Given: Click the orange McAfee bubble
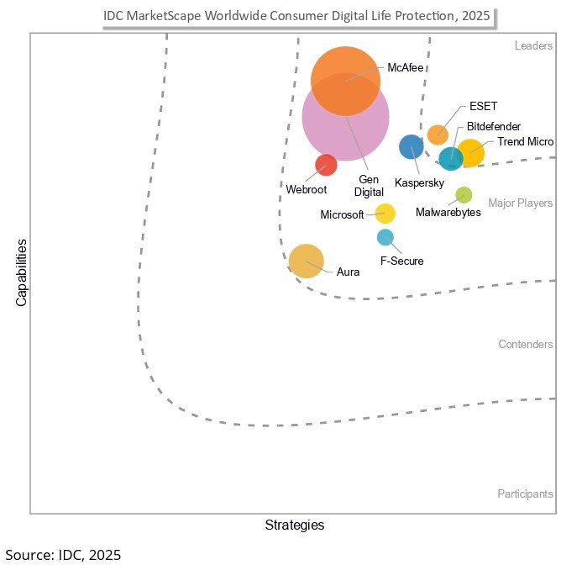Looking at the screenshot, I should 344,79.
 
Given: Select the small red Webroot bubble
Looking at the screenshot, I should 326,165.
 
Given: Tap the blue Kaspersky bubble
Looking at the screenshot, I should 411,147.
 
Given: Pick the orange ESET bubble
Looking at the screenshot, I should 438,134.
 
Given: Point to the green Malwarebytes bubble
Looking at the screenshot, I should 464,195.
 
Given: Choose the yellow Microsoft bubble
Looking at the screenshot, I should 385,214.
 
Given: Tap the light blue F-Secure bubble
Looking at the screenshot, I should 385,237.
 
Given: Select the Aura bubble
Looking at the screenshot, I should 306,261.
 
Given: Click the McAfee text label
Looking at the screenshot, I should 406,67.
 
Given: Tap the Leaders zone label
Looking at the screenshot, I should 533,45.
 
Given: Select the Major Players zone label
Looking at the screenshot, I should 520,203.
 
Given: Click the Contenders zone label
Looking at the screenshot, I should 525,345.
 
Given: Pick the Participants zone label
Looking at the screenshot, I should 525,494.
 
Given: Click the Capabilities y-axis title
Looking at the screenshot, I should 22,272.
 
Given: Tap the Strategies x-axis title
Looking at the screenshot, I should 294,525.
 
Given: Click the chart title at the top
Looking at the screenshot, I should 296,16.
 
